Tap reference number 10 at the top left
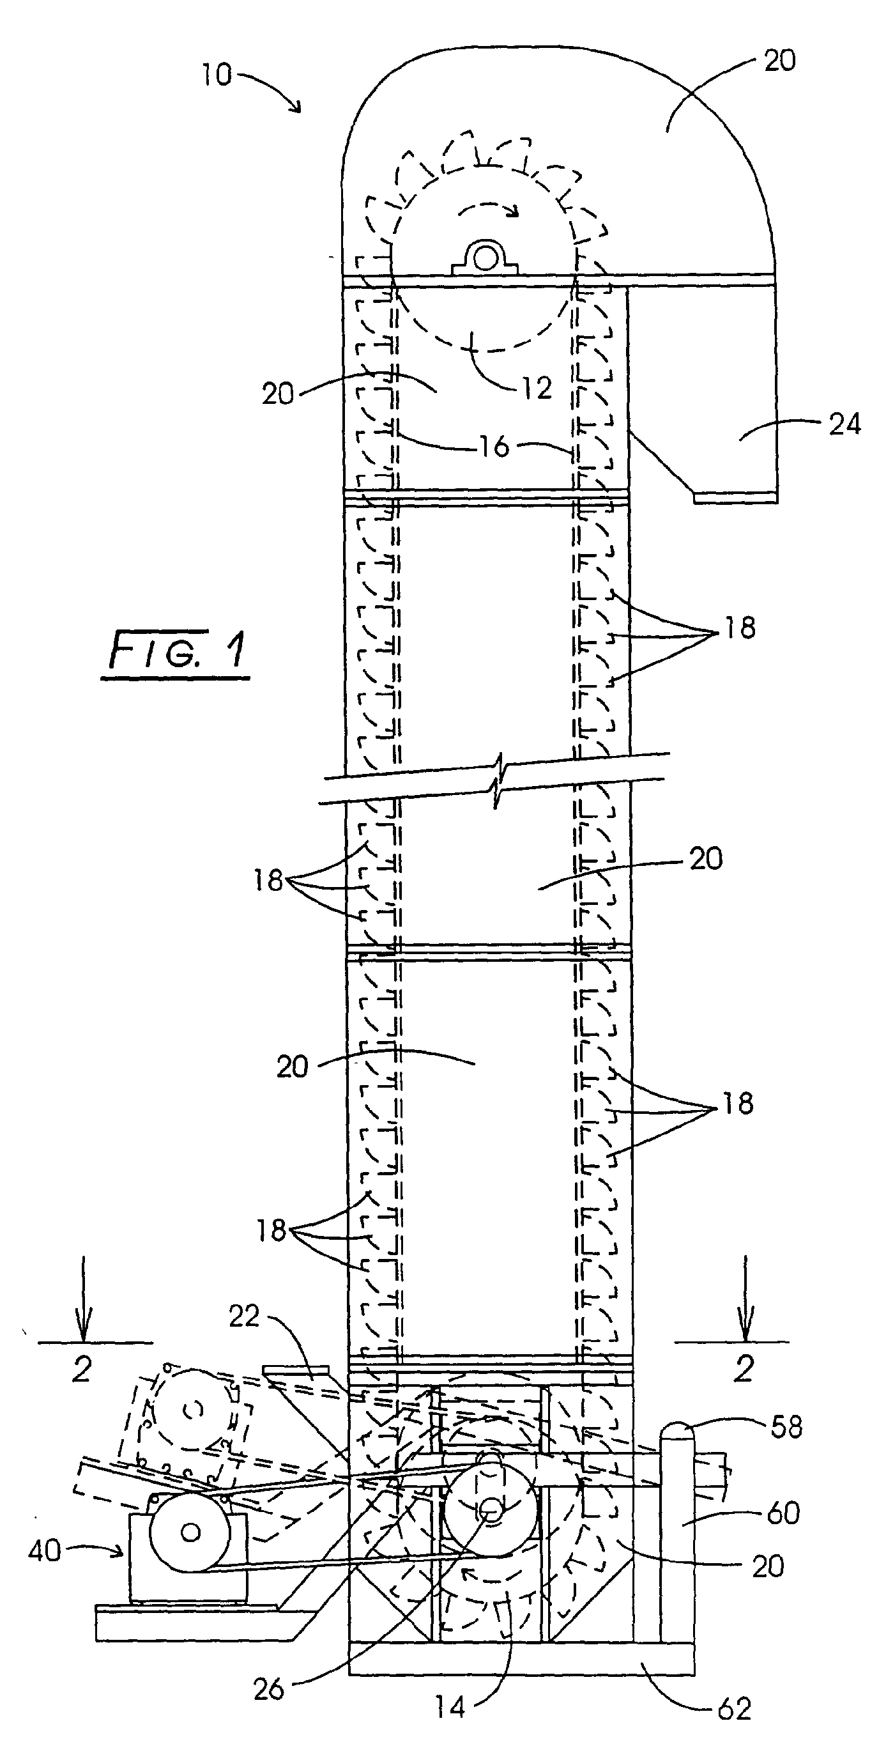[217, 75]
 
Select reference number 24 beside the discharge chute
[845, 424]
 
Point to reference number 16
[494, 446]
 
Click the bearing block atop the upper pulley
[483, 258]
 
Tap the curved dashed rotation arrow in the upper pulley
[487, 210]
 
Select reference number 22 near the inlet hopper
[244, 1317]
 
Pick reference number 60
[783, 1513]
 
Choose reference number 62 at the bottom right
[734, 1709]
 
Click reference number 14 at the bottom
[450, 1708]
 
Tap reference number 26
[269, 1689]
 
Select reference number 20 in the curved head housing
[779, 61]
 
